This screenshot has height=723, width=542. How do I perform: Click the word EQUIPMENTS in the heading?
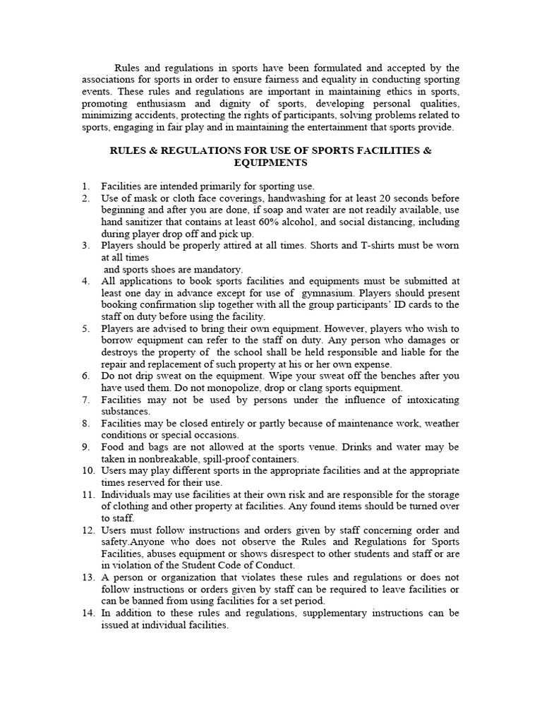(x=270, y=162)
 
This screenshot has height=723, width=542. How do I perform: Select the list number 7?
(x=85, y=400)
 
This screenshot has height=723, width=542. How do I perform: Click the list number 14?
(x=88, y=613)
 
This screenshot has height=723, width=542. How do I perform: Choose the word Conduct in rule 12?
(x=276, y=566)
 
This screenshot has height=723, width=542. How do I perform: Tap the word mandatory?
(x=217, y=269)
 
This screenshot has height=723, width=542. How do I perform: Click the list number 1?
(x=85, y=186)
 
